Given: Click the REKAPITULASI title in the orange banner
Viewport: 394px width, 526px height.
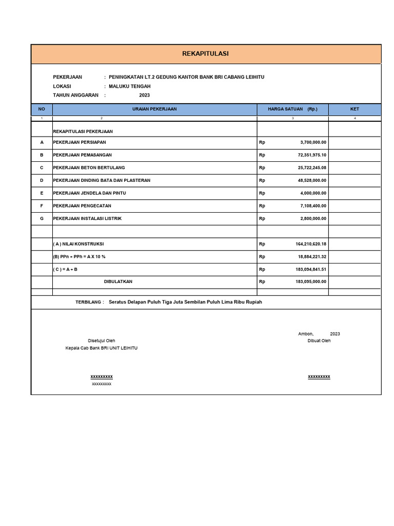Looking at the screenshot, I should point(206,53).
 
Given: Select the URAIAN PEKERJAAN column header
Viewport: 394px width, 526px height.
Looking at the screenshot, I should point(154,109).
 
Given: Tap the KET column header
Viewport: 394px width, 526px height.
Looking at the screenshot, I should point(354,109).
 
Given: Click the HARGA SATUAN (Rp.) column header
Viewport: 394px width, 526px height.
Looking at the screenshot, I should point(292,109).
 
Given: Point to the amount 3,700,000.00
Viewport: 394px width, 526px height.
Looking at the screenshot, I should point(313,142).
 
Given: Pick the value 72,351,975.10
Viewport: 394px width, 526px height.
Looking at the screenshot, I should point(312,155).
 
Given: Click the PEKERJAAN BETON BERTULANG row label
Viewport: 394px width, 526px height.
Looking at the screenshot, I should point(89,168).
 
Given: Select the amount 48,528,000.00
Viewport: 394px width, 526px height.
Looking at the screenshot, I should point(312,181).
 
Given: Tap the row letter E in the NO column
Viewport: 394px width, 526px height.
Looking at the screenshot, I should point(42,193).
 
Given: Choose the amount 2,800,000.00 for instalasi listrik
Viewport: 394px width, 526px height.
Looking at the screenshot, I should point(313,219).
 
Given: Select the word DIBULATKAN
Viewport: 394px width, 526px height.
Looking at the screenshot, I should point(118,282).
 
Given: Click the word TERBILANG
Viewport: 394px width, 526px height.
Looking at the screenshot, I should point(89,302).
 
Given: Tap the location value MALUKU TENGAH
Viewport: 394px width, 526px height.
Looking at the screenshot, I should point(130,86).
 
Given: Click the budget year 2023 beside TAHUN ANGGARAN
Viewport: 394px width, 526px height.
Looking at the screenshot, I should point(145,95).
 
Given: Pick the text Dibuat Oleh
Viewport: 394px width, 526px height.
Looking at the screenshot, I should point(319,341).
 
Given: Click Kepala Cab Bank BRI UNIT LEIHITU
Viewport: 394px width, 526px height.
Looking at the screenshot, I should point(102,348).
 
